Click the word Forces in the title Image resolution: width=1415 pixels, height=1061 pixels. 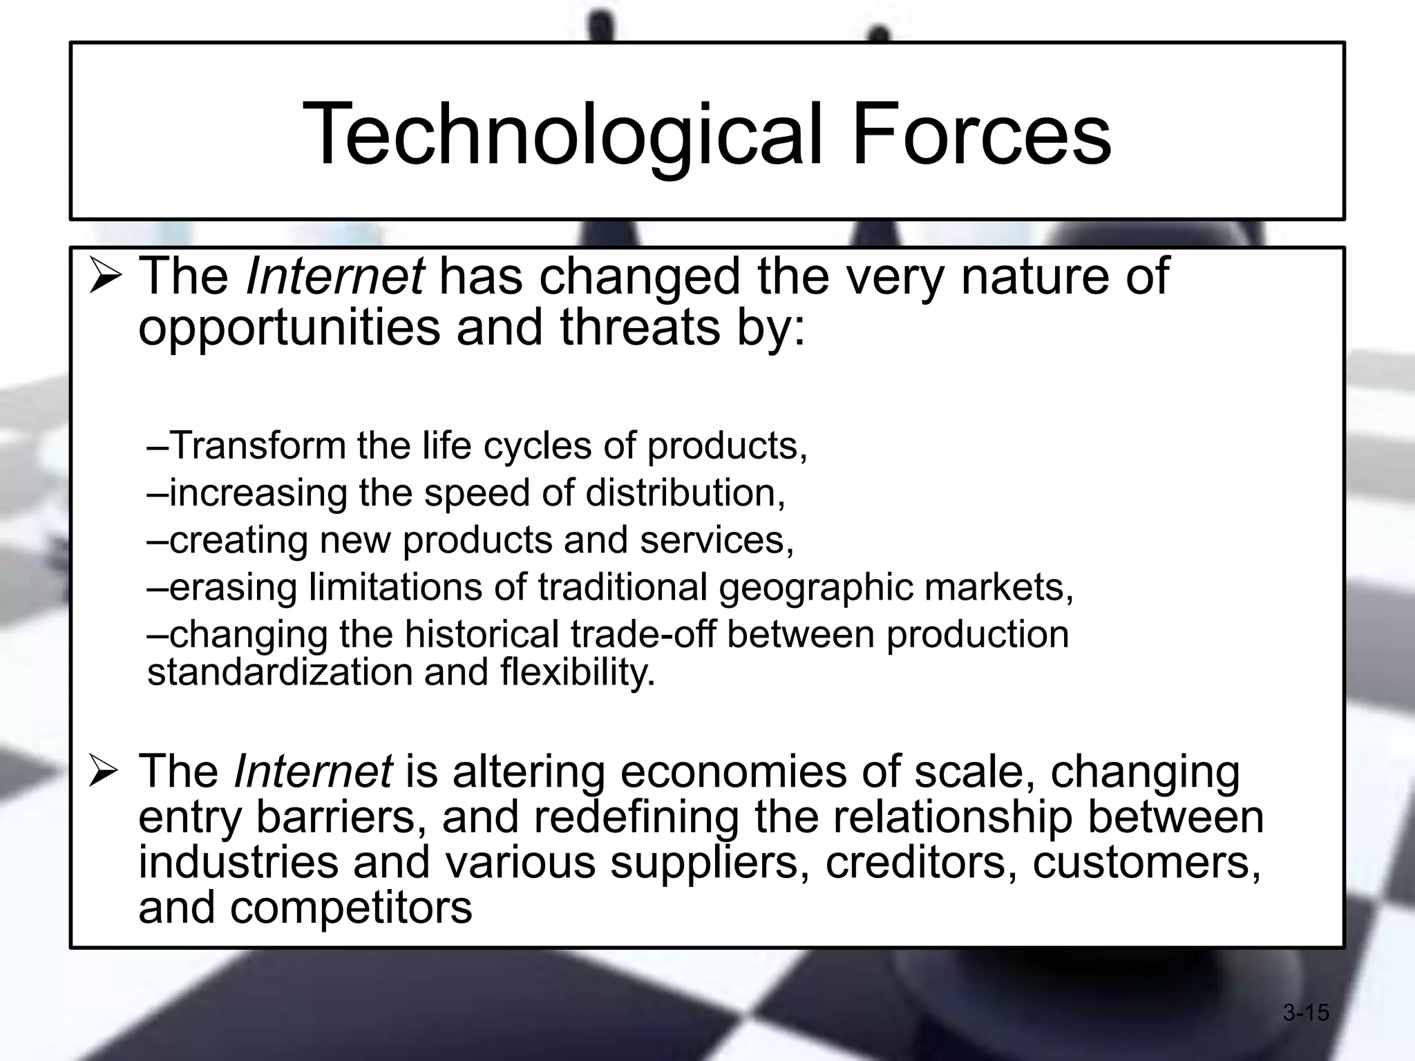tap(981, 135)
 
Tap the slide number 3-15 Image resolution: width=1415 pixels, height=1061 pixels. tap(1306, 1013)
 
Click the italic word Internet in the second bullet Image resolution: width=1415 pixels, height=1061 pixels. tap(313, 771)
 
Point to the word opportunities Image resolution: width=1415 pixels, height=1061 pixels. tap(289, 329)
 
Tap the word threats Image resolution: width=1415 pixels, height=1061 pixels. tap(640, 327)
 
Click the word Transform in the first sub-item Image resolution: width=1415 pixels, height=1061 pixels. tap(257, 446)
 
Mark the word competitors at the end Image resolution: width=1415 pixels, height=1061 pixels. tap(351, 908)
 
